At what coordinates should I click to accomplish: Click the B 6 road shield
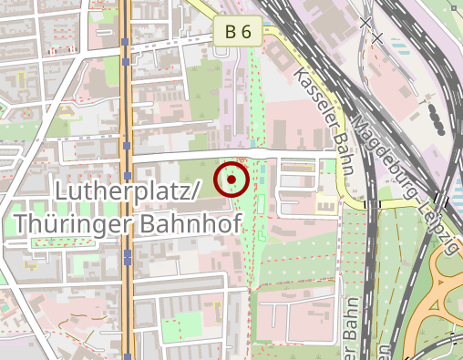[239, 32]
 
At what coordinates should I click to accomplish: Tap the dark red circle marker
[231, 179]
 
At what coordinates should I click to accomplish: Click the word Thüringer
[69, 222]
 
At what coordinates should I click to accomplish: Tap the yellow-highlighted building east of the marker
[325, 203]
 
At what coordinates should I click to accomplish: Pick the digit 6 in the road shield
[245, 32]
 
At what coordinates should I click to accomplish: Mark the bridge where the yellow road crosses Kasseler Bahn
[368, 204]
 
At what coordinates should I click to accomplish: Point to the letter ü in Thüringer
[46, 222]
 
